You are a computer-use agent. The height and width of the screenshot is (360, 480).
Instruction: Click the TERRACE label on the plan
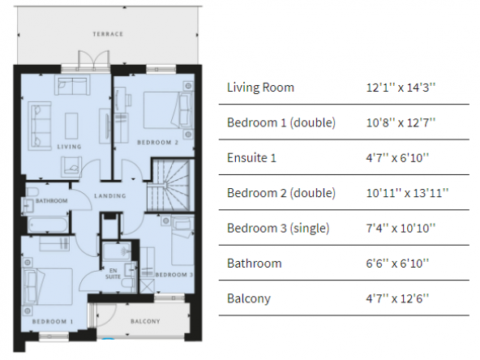pyautogui.click(x=108, y=34)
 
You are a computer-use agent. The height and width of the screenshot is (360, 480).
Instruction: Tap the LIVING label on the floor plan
pyautogui.click(x=69, y=147)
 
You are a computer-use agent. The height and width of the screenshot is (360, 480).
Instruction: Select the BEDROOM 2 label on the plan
pyautogui.click(x=157, y=143)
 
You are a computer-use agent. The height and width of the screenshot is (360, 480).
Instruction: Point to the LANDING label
pyautogui.click(x=110, y=196)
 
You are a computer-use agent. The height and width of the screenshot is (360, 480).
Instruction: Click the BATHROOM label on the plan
pyautogui.click(x=51, y=201)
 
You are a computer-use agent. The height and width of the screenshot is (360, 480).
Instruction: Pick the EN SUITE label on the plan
pyautogui.click(x=113, y=273)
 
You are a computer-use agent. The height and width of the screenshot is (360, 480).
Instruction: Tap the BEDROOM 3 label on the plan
pyautogui.click(x=174, y=275)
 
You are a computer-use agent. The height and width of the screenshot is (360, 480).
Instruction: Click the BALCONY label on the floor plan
pyautogui.click(x=145, y=321)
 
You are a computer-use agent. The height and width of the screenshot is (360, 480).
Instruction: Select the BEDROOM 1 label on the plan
pyautogui.click(x=53, y=321)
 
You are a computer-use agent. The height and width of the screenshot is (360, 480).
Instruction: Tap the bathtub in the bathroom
pyautogui.click(x=47, y=225)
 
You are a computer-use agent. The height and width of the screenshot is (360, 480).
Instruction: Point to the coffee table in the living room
pyautogui.click(x=71, y=126)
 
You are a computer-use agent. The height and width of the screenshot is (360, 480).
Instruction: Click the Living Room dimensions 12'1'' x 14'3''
pyautogui.click(x=401, y=88)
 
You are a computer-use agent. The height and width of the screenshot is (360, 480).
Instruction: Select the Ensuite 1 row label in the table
pyautogui.click(x=251, y=158)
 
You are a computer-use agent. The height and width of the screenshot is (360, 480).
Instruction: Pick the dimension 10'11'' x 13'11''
pyautogui.click(x=408, y=193)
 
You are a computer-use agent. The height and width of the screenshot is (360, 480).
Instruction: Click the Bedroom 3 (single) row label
pyautogui.click(x=278, y=229)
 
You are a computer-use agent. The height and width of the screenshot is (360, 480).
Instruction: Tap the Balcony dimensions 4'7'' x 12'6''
pyautogui.click(x=397, y=298)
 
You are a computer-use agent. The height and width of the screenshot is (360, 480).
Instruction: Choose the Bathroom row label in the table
pyautogui.click(x=255, y=264)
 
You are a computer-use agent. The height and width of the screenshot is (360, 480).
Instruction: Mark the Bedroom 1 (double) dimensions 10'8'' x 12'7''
pyautogui.click(x=401, y=122)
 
